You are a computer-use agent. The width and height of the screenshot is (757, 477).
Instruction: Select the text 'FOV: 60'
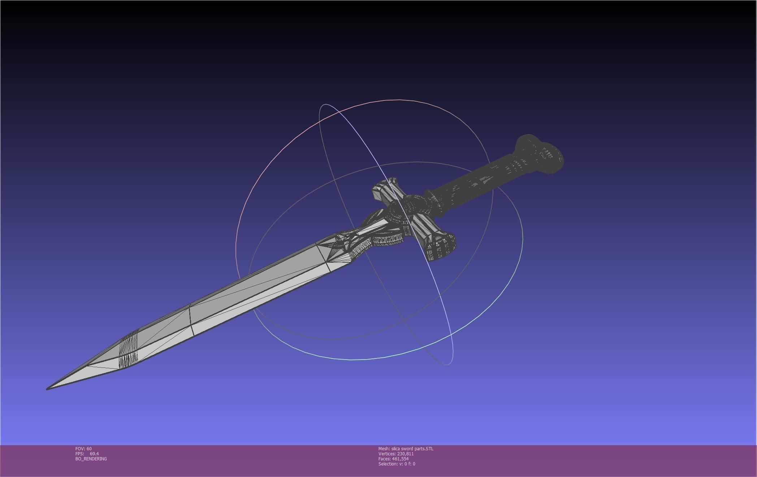click(x=83, y=449)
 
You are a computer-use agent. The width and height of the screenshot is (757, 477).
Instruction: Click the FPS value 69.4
click(x=94, y=454)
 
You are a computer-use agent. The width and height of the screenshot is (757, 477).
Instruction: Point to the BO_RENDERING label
click(x=91, y=459)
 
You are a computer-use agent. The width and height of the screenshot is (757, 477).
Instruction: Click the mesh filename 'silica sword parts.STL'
click(x=412, y=449)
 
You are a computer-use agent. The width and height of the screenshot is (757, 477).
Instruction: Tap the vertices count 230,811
click(x=405, y=454)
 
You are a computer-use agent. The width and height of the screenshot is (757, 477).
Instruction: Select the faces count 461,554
click(x=400, y=459)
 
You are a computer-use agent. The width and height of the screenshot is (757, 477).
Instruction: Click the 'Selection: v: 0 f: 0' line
click(x=397, y=464)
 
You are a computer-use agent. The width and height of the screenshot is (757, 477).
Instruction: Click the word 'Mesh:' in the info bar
click(x=384, y=449)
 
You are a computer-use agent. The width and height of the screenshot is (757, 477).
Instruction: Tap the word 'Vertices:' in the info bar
click(x=387, y=454)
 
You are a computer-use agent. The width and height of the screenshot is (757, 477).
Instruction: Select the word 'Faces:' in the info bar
click(x=384, y=459)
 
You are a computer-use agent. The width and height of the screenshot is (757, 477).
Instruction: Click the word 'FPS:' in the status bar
click(x=79, y=454)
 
